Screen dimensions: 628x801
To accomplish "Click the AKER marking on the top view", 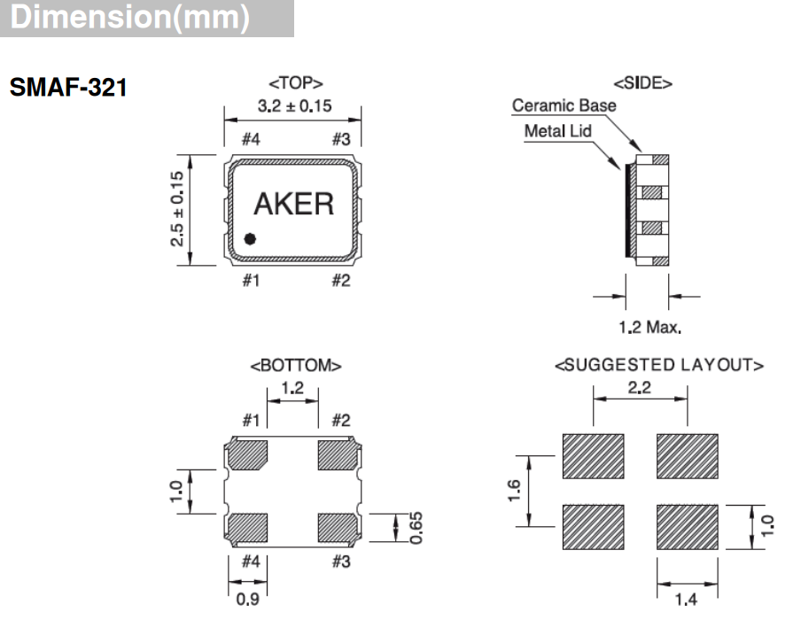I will (x=293, y=204).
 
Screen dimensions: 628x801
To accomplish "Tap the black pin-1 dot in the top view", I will (x=250, y=238).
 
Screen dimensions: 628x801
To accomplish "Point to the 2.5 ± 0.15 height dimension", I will (x=178, y=209).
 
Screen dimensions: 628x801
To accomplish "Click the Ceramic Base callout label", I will (x=564, y=106).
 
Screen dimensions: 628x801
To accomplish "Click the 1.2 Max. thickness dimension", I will (x=649, y=328).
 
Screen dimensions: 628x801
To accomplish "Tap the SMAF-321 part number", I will (x=69, y=89).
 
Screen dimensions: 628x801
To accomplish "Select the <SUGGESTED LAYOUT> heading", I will (x=659, y=365).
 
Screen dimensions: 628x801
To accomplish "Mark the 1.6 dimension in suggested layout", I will (x=515, y=490).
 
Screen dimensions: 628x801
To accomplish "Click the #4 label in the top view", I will (x=251, y=139).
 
